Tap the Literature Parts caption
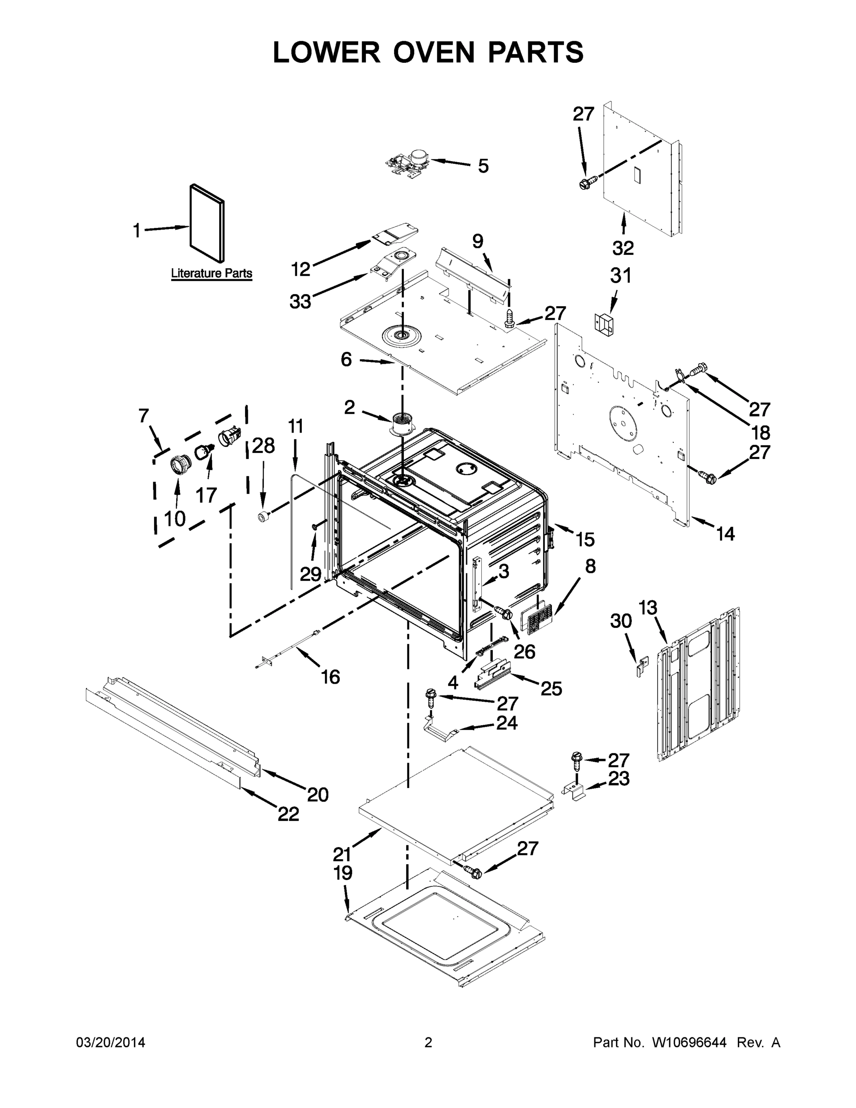211,273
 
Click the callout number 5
483,166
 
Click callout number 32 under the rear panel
623,248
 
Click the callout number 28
263,446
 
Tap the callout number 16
331,676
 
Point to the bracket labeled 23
575,790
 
